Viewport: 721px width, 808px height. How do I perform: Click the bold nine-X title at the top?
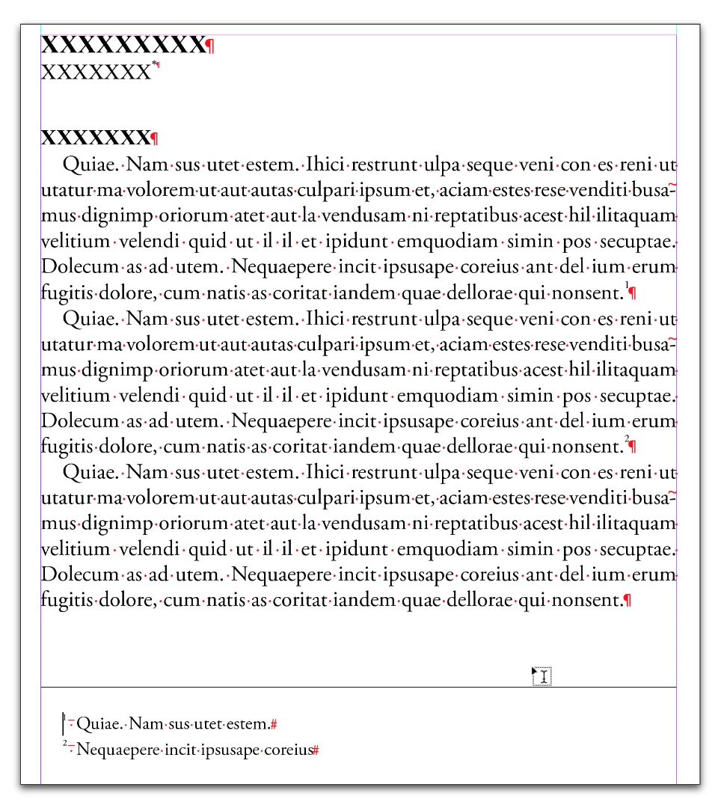pyautogui.click(x=122, y=45)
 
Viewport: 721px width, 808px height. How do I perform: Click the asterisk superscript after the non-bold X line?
pyautogui.click(x=154, y=66)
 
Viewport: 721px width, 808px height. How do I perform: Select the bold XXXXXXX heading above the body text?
pyautogui.click(x=95, y=138)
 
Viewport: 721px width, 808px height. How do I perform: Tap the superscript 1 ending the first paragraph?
pyautogui.click(x=627, y=285)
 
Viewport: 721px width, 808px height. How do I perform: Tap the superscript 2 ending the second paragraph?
pyautogui.click(x=627, y=438)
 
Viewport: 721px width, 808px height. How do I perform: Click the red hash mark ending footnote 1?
pyautogui.click(x=274, y=724)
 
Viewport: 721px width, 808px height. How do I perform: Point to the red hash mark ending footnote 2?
pyautogui.click(x=316, y=750)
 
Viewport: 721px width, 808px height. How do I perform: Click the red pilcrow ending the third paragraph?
pyautogui.click(x=627, y=601)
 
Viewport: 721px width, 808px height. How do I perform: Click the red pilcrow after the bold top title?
pyautogui.click(x=210, y=46)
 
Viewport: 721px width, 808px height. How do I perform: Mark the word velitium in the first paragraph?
pyautogui.click(x=74, y=242)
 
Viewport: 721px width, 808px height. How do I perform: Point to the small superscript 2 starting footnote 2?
pyautogui.click(x=65, y=744)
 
